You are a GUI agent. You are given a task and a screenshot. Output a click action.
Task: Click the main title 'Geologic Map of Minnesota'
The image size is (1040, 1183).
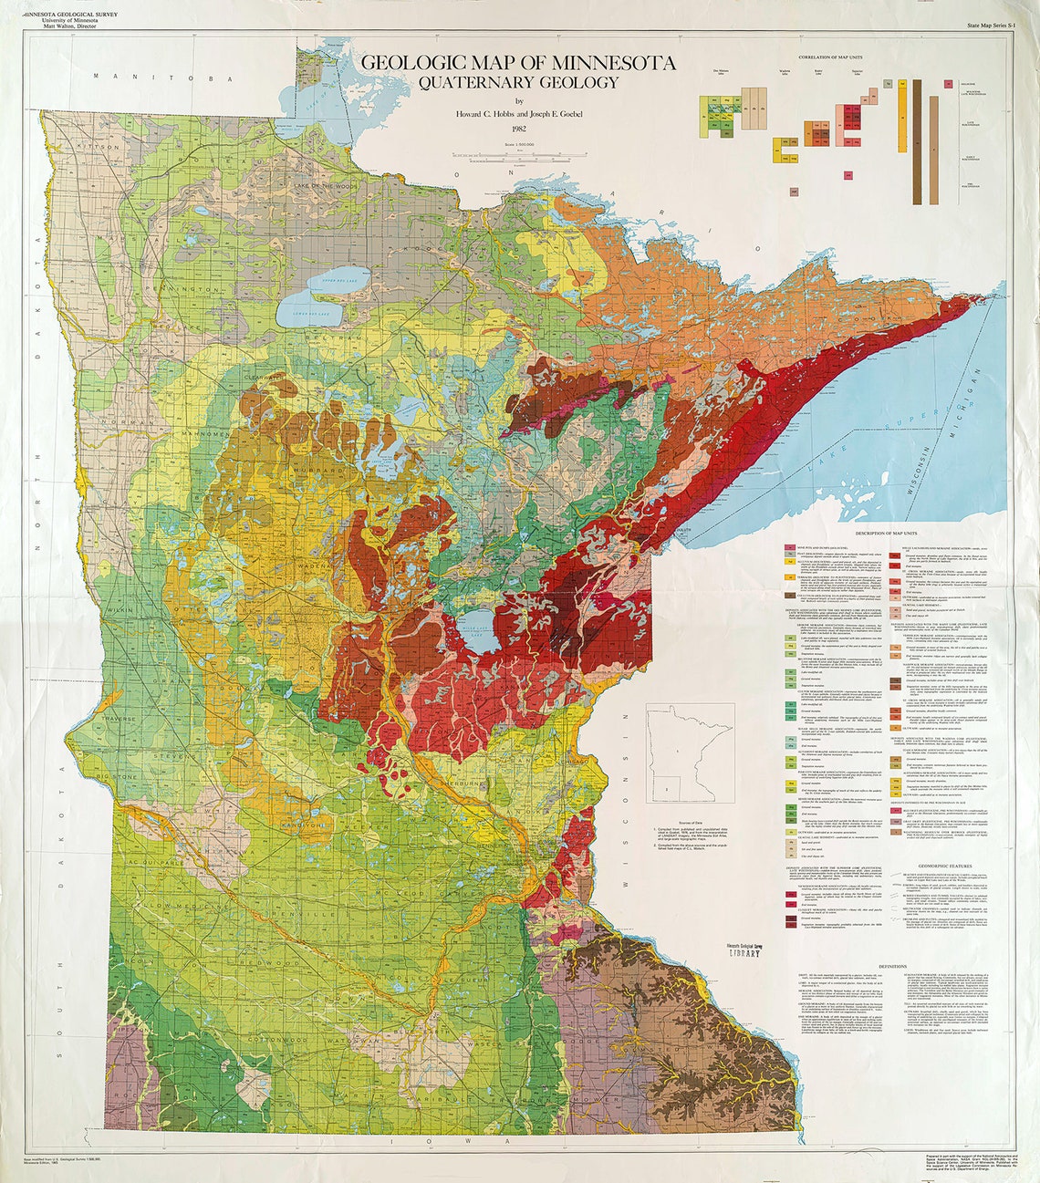pos(518,63)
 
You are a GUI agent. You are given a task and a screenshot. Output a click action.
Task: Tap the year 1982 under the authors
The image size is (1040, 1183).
pos(519,130)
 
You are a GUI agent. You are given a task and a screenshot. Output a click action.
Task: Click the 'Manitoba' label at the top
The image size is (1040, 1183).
pos(171,79)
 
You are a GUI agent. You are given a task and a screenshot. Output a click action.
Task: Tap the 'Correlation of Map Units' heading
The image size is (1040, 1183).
pos(836,57)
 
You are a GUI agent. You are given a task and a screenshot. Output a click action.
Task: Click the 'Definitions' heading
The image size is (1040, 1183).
pos(892,966)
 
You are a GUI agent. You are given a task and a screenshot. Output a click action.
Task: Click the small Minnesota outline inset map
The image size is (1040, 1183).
pos(690,752)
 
